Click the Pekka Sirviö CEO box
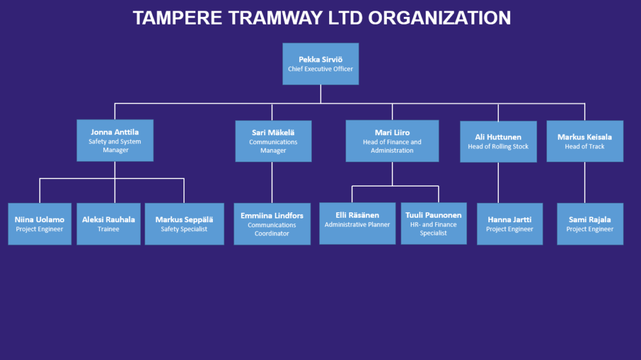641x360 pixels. [320, 64]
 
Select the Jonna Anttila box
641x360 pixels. [115, 140]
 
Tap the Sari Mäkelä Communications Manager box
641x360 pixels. [273, 141]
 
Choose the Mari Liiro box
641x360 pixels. [392, 141]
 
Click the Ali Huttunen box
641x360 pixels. [498, 141]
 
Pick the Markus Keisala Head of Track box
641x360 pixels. [585, 141]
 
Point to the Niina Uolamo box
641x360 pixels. [39, 224]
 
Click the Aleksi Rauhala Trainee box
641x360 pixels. [108, 224]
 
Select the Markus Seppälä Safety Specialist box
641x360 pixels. [185, 224]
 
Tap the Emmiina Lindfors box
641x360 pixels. [272, 224]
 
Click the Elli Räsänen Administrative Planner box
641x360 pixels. [357, 224]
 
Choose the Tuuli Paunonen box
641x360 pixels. [434, 224]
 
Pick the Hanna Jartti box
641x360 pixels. [510, 224]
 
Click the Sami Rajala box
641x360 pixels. [590, 224]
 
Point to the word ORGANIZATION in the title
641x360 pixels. [439, 18]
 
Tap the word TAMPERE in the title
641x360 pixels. [177, 18]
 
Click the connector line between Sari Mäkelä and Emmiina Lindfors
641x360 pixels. [272, 182]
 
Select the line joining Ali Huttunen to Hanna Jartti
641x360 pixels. [498, 183]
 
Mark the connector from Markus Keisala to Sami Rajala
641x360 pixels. [585, 182]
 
